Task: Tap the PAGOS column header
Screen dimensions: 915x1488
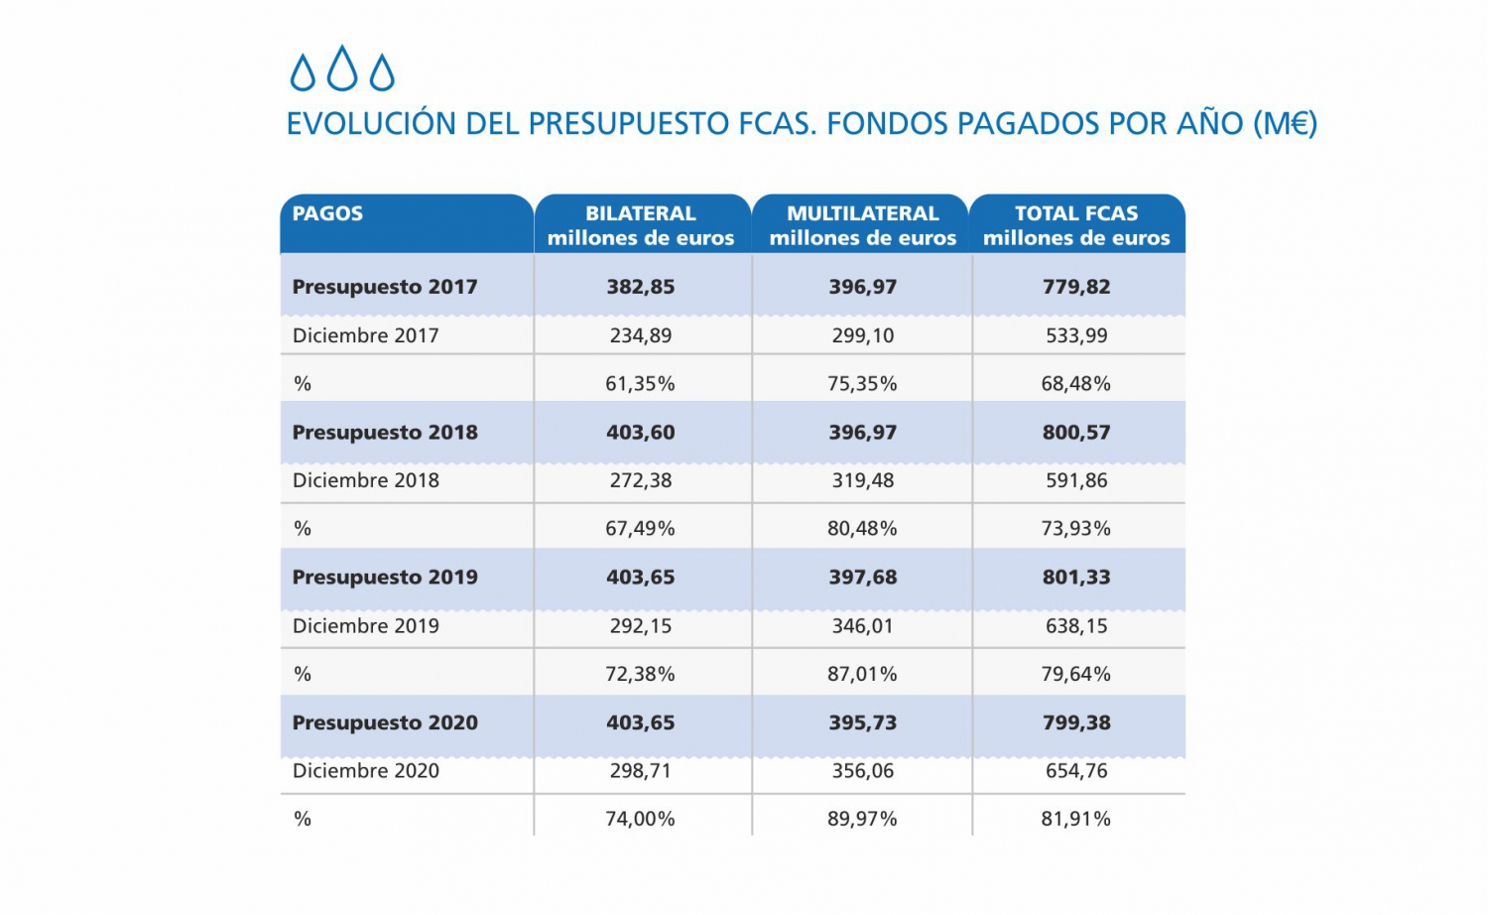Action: pyautogui.click(x=327, y=213)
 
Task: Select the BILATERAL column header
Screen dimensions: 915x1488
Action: pyautogui.click(x=641, y=225)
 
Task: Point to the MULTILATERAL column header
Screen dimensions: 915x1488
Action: pyautogui.click(x=862, y=225)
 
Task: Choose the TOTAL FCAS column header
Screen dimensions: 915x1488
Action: pyautogui.click(x=1076, y=225)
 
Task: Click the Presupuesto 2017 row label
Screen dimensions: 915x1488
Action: pyautogui.click(x=385, y=287)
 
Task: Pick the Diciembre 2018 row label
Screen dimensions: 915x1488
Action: pyautogui.click(x=366, y=480)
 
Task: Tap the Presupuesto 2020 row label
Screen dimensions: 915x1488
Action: pyautogui.click(x=385, y=722)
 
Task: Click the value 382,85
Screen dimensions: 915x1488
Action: pyautogui.click(x=641, y=287)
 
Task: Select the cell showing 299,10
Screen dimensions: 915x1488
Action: pyautogui.click(x=863, y=335)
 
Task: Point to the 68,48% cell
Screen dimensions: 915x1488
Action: pyautogui.click(x=1076, y=383)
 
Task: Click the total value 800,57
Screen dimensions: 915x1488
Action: pyautogui.click(x=1076, y=433)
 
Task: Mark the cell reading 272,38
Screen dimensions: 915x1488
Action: pyautogui.click(x=641, y=480)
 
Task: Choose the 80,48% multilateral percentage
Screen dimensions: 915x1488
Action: pyautogui.click(x=863, y=529)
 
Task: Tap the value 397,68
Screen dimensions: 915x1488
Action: pyautogui.click(x=863, y=578)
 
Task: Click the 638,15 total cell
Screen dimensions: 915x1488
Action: pyautogui.click(x=1076, y=626)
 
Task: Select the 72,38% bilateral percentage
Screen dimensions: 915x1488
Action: pyautogui.click(x=641, y=674)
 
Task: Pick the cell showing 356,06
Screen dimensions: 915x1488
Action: pyautogui.click(x=863, y=771)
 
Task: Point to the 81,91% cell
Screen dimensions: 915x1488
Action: pyautogui.click(x=1076, y=819)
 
